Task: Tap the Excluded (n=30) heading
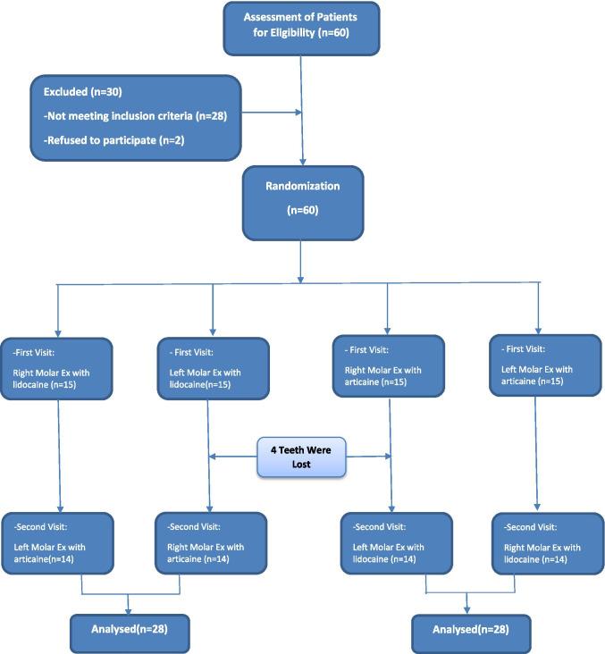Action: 80,92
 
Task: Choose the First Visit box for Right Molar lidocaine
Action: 58,367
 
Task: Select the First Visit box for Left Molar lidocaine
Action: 213,367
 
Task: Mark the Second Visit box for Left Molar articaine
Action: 58,542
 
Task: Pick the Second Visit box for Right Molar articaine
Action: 211,542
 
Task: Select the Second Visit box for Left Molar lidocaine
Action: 391,542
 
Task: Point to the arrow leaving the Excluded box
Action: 268,113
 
